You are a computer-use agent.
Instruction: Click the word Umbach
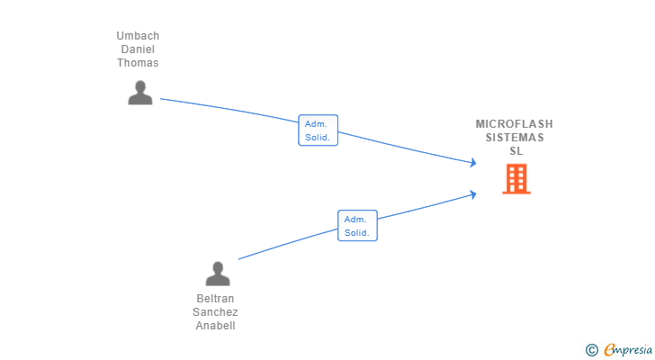pyautogui.click(x=138, y=36)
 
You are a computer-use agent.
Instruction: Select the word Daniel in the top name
pyautogui.click(x=138, y=49)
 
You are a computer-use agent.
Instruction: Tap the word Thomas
pyautogui.click(x=138, y=63)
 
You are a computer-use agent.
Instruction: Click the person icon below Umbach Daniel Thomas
pyautogui.click(x=139, y=93)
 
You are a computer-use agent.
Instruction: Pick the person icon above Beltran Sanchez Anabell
pyautogui.click(x=218, y=274)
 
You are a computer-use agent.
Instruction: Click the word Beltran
pyautogui.click(x=215, y=299)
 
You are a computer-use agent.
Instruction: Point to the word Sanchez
pyautogui.click(x=215, y=312)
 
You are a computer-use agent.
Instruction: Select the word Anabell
pyautogui.click(x=215, y=326)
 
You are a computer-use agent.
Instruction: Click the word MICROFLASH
pyautogui.click(x=515, y=124)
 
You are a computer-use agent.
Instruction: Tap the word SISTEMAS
pyautogui.click(x=515, y=138)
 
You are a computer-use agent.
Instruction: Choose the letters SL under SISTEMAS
pyautogui.click(x=516, y=151)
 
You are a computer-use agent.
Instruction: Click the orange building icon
pyautogui.click(x=516, y=179)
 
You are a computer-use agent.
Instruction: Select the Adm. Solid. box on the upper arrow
pyautogui.click(x=319, y=130)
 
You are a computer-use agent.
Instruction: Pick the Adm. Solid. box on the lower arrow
pyautogui.click(x=357, y=226)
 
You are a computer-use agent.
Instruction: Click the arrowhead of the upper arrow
pyautogui.click(x=472, y=163)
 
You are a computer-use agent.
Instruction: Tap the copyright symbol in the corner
pyautogui.click(x=592, y=349)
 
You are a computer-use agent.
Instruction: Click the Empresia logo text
pyautogui.click(x=625, y=349)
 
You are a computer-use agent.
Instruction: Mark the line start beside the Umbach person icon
pyautogui.click(x=162, y=99)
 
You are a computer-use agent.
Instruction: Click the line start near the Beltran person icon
pyautogui.click(x=239, y=259)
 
